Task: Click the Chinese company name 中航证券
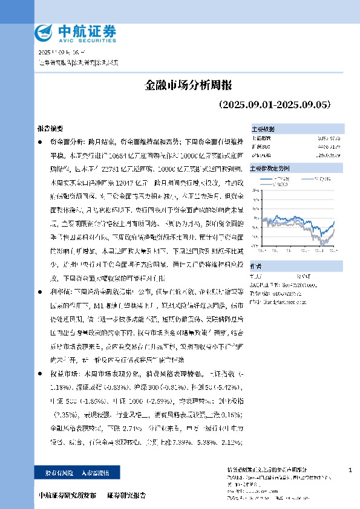(87, 30)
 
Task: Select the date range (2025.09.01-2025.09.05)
(274, 104)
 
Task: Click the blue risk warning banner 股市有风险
(79, 472)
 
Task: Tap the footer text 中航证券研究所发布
(67, 496)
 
